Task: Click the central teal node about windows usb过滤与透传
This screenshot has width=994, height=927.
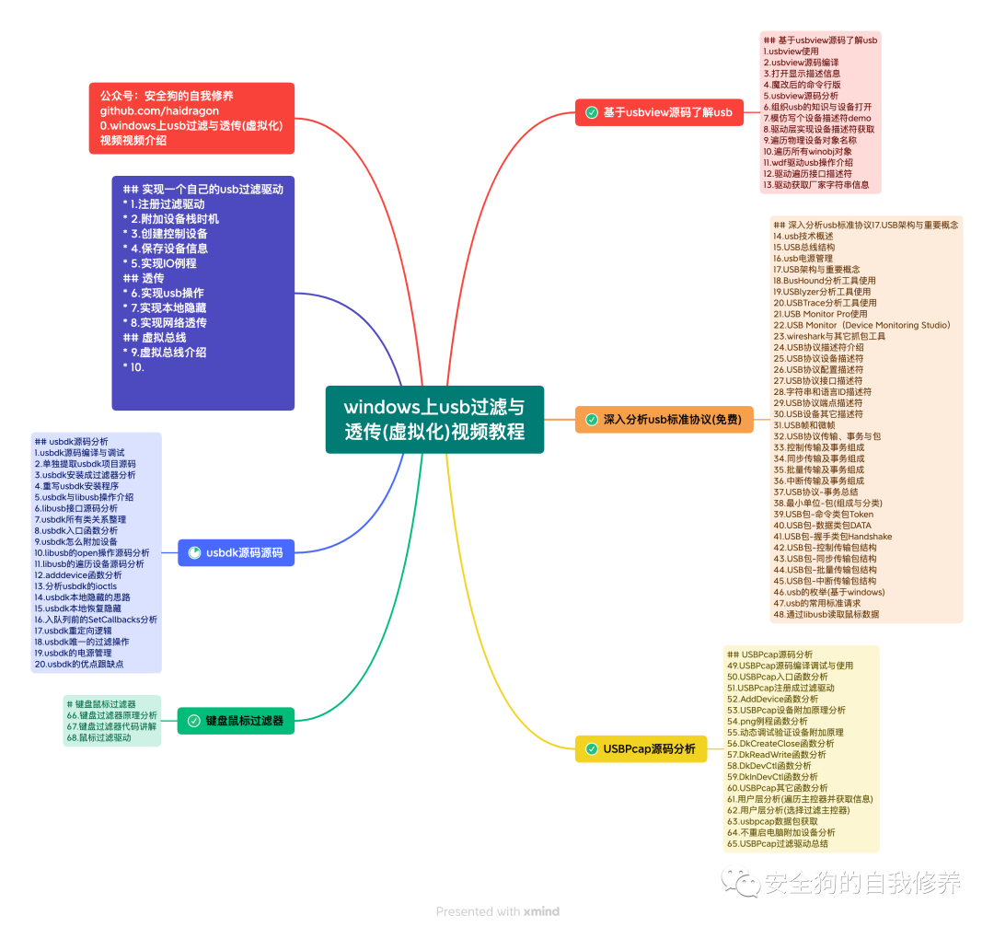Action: click(x=434, y=420)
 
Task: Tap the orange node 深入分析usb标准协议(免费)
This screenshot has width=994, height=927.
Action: click(x=664, y=420)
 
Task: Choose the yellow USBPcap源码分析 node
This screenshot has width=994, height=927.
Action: click(x=641, y=749)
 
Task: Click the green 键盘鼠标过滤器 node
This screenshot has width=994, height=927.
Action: click(x=236, y=721)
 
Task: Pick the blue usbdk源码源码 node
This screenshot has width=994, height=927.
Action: click(x=237, y=553)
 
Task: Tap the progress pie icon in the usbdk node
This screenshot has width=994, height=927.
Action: click(x=194, y=553)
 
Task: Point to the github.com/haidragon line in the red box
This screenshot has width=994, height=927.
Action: click(x=159, y=110)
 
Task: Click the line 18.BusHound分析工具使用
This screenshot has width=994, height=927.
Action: click(x=824, y=281)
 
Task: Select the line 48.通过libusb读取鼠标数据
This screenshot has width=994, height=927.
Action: click(x=826, y=615)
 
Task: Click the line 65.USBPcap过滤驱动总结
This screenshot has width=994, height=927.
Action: click(x=778, y=843)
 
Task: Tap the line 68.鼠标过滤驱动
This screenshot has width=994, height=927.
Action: click(x=98, y=737)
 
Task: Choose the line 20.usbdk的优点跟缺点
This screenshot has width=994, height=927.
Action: click(x=79, y=664)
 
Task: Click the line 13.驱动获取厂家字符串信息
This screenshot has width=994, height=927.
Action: click(x=815, y=184)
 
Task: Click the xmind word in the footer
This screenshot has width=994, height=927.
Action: click(x=541, y=911)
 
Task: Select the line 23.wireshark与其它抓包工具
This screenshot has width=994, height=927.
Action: click(x=829, y=336)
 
